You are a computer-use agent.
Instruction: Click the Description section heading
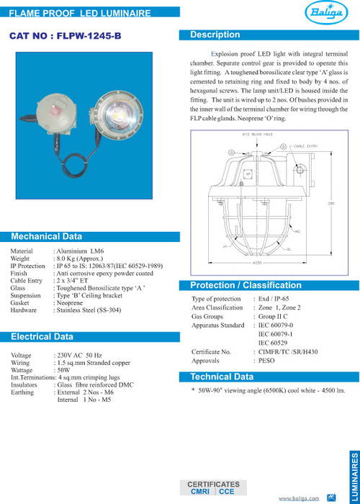tap(215, 35)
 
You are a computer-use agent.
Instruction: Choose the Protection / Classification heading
tap(235, 286)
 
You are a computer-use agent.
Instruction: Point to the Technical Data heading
tap(222, 377)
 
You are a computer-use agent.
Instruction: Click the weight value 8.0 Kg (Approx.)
tap(79, 258)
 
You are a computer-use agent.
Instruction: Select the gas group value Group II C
tap(274, 316)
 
